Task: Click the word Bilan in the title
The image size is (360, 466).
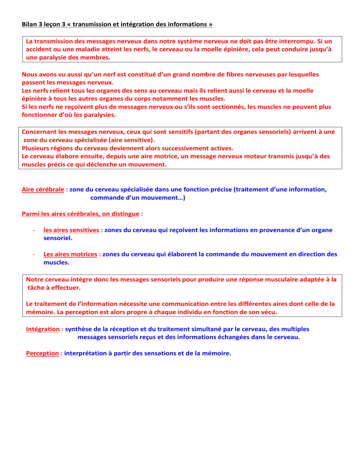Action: (x=30, y=23)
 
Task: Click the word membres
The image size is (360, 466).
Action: (x=97, y=59)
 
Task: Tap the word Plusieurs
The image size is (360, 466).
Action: (x=37, y=149)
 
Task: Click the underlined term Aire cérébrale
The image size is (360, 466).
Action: (x=44, y=190)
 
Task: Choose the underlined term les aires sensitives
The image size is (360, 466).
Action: (x=71, y=230)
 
